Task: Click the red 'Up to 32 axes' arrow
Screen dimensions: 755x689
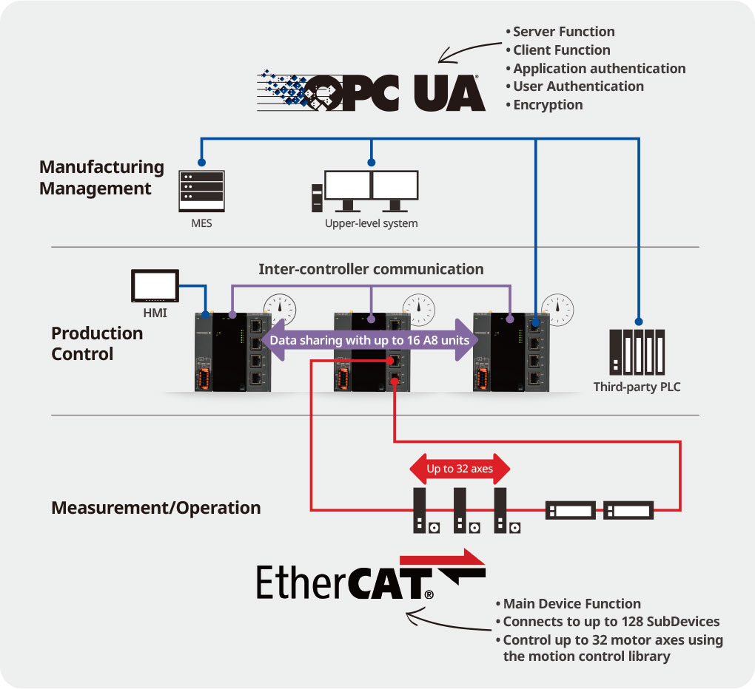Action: coord(460,469)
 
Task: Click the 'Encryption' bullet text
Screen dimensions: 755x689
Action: coord(548,105)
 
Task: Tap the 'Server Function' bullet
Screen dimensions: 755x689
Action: coord(563,32)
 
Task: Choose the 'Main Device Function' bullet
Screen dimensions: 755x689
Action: coord(571,604)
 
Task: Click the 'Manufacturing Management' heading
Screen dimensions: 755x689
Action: coord(101,178)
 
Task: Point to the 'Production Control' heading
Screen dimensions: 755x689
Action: coord(97,344)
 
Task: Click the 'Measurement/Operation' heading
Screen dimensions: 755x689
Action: coord(155,508)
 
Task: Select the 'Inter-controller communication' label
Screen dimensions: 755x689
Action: coord(371,269)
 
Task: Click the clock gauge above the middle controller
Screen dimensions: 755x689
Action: coord(419,309)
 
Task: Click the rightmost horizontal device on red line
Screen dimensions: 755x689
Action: coord(628,510)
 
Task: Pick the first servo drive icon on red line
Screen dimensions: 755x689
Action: coord(421,510)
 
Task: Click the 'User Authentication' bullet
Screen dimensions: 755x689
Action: coord(578,86)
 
